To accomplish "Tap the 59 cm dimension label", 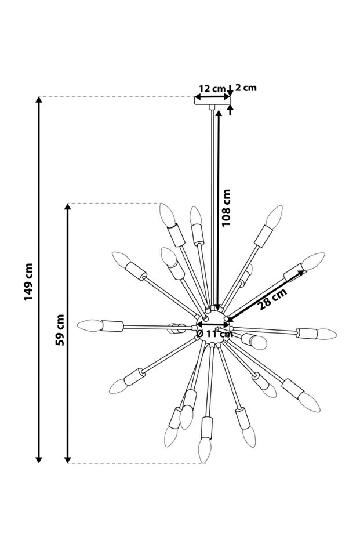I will (59, 331).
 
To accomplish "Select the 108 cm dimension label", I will (226, 208).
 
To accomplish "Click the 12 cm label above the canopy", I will (212, 88).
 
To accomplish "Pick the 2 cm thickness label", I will (246, 88).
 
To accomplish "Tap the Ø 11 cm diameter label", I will (214, 334).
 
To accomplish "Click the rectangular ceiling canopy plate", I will (212, 101).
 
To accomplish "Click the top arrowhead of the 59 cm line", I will (68, 208).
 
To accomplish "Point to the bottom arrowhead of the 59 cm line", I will (68, 459).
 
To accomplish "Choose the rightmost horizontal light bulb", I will (326, 334).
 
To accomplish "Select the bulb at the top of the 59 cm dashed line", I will (168, 215).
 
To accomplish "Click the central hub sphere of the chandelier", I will (214, 321).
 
